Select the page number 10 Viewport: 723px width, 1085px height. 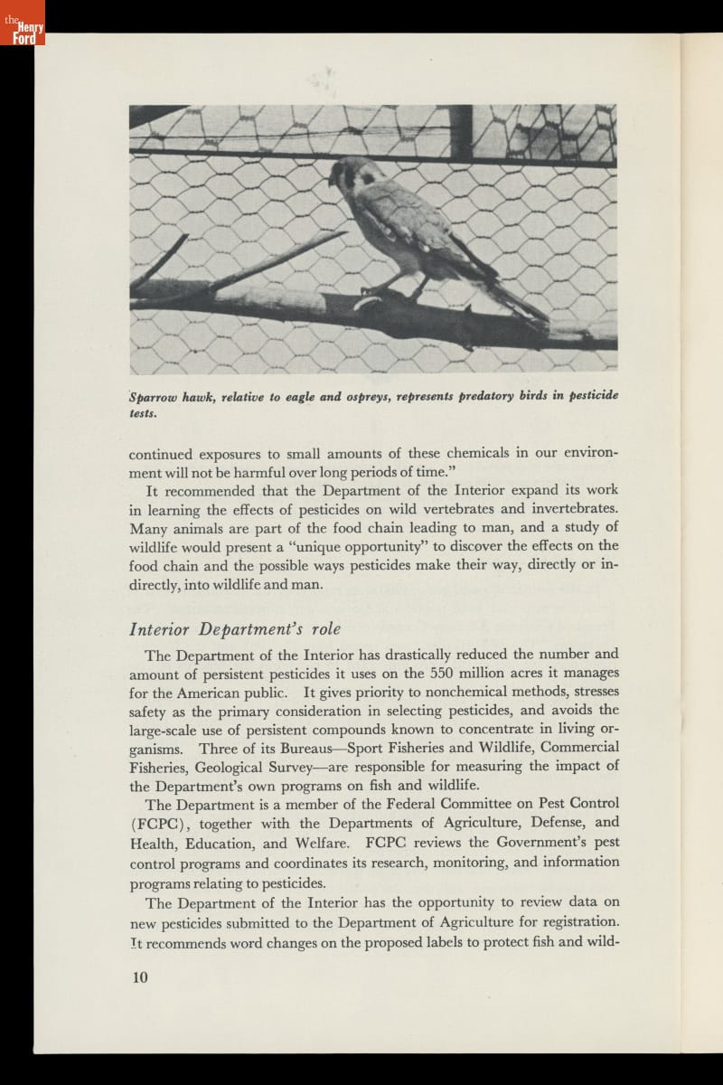tap(139, 977)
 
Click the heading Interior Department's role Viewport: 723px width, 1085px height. tap(235, 630)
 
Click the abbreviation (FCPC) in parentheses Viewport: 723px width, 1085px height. tap(160, 823)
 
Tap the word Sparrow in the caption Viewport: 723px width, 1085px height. tap(155, 397)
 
